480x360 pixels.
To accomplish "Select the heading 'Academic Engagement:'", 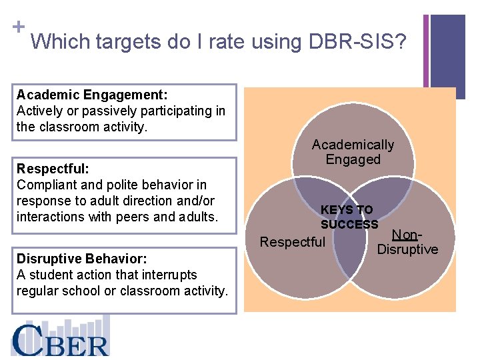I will (92, 95).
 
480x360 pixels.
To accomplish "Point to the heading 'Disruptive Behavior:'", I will (81, 259).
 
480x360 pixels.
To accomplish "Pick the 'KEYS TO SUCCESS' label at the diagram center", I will (349, 217).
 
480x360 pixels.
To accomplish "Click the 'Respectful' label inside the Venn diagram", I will (292, 242).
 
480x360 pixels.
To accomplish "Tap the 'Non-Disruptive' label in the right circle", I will (407, 243).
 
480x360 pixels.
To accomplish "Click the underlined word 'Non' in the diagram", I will (404, 235).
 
